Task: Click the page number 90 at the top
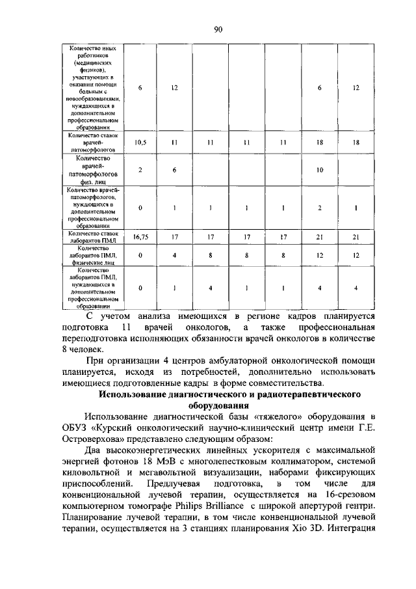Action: point(218,29)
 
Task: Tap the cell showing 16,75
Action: point(140,238)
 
